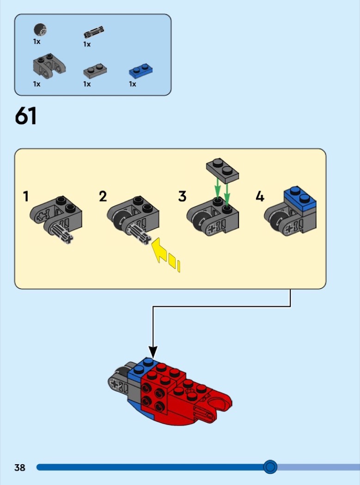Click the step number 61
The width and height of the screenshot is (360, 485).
tap(25, 116)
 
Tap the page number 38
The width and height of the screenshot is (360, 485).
tap(20, 467)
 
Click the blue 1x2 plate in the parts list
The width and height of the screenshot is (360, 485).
tap(141, 71)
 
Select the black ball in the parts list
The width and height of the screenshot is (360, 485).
tap(40, 30)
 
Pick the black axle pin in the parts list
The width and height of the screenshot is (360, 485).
tap(94, 32)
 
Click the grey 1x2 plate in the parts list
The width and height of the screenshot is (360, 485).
tap(95, 71)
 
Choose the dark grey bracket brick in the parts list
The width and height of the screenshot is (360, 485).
tap(49, 66)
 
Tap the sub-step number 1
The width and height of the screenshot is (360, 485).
tap(26, 196)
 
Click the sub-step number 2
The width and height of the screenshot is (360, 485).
tap(103, 196)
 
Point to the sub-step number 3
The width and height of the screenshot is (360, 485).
tap(183, 196)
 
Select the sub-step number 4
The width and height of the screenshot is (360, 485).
tap(260, 196)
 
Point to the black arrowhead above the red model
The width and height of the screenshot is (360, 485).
tap(153, 352)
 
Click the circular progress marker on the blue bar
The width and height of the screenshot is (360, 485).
tap(270, 467)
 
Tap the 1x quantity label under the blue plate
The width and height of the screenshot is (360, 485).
tap(133, 84)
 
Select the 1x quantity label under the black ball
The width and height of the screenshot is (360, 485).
tap(37, 42)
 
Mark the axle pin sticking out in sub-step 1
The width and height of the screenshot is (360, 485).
tap(63, 234)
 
